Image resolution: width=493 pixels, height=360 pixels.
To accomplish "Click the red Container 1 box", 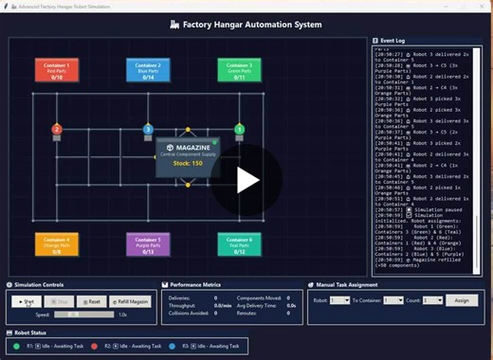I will click(57, 70).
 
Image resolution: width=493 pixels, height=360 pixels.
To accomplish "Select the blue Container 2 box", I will click(148, 70).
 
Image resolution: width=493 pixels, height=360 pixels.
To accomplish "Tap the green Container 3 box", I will click(239, 70).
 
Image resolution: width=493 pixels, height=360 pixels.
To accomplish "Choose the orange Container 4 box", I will click(57, 244).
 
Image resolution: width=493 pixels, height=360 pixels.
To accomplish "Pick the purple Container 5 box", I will click(148, 244).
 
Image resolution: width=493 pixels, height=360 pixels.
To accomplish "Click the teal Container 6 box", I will click(239, 244).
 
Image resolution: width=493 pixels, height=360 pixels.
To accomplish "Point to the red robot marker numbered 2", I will click(57, 129).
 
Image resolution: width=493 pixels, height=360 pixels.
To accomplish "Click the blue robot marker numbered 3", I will click(148, 129).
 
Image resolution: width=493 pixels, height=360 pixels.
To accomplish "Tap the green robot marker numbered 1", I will click(239, 129).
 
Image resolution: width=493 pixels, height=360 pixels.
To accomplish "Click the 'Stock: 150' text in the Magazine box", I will click(188, 164).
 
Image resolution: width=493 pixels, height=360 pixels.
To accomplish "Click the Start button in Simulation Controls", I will click(27, 300).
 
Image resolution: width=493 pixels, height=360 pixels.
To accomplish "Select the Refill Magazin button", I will click(131, 300).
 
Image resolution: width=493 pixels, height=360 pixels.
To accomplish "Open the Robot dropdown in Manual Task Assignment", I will click(339, 300).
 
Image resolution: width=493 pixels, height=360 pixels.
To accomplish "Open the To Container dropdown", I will click(393, 300).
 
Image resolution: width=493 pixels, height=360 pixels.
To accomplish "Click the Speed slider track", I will click(81, 315).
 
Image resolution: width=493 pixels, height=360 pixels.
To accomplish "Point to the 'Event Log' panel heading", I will click(393, 43).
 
